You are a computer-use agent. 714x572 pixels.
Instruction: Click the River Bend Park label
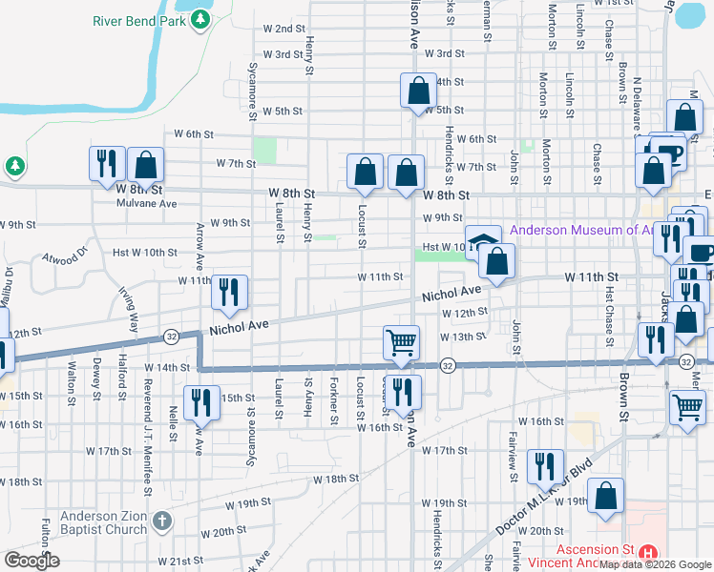tap(139, 20)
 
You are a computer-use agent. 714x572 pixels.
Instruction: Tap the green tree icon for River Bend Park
tap(199, 20)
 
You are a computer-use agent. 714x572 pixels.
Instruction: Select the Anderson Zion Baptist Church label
tap(102, 522)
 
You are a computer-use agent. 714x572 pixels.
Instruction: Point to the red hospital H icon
tap(648, 552)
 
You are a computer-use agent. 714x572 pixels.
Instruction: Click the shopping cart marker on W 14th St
tap(402, 342)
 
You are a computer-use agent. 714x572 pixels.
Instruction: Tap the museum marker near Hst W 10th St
tap(483, 240)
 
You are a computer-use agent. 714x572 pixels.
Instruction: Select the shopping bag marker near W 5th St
tap(418, 92)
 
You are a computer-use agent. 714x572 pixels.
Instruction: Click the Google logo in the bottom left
tap(31, 560)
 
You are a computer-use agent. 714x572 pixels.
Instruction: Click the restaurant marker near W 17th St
tap(544, 465)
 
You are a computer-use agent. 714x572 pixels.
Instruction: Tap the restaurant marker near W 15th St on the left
tap(199, 401)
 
